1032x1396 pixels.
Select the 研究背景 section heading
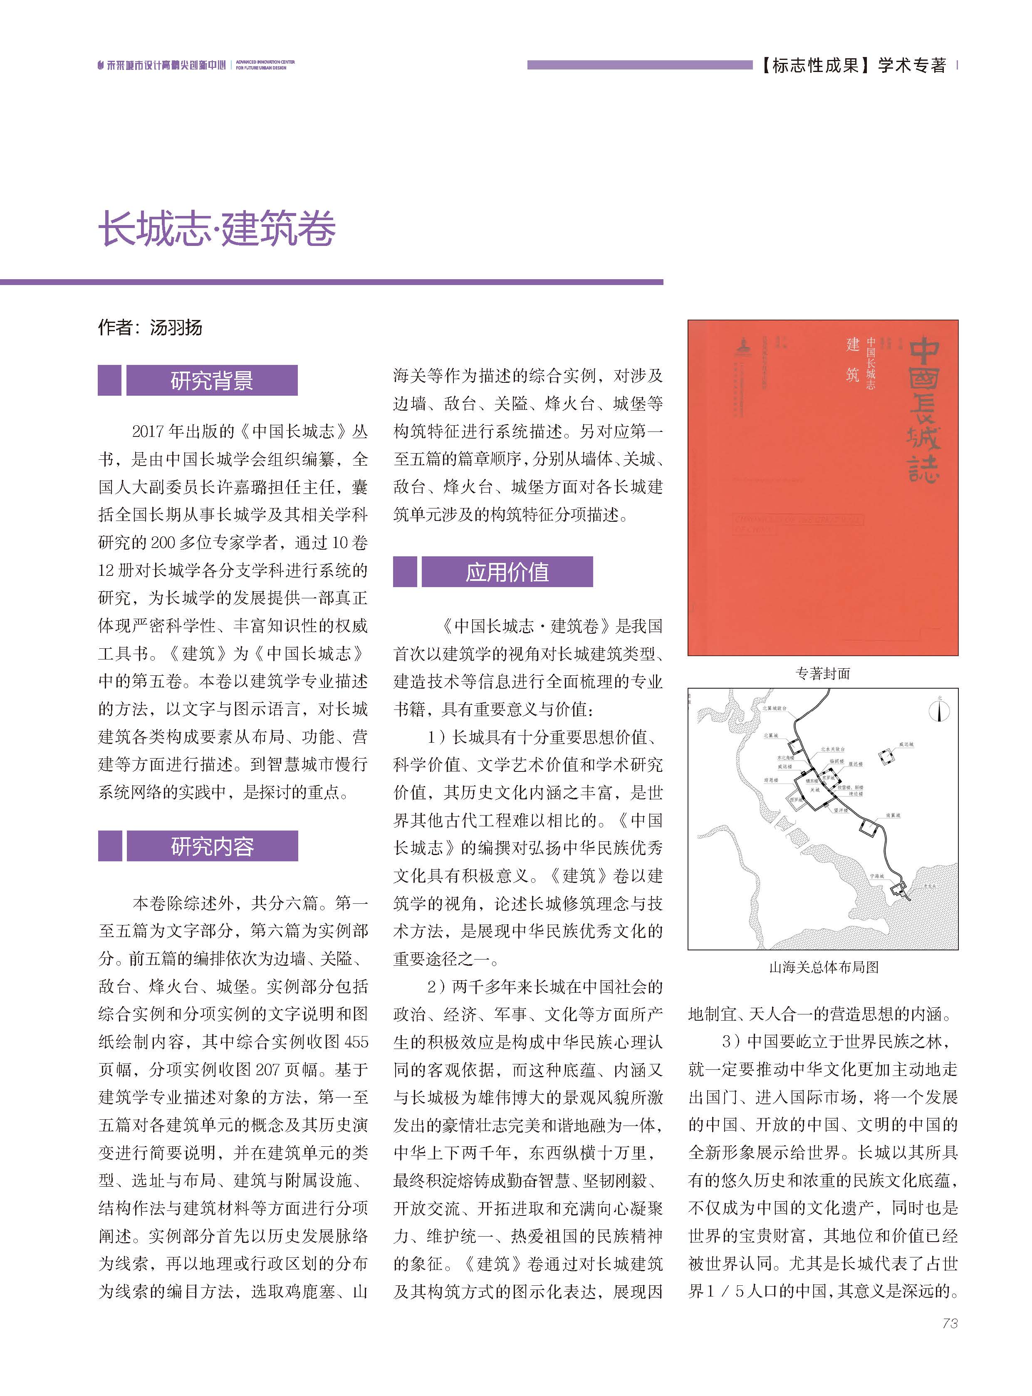tap(212, 381)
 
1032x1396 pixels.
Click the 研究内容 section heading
tap(212, 846)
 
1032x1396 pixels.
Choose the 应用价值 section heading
tap(507, 572)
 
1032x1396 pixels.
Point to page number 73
tap(950, 1323)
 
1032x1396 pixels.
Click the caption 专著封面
tap(823, 673)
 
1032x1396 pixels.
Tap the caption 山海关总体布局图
tap(823, 967)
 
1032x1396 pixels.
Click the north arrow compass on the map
tap(940, 712)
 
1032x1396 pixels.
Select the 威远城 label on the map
tap(906, 745)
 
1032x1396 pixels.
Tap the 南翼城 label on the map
tap(893, 816)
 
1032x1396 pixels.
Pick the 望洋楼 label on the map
tap(841, 811)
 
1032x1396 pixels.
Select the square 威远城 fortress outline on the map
tap(887, 757)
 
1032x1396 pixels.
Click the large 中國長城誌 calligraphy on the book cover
tap(923, 409)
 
